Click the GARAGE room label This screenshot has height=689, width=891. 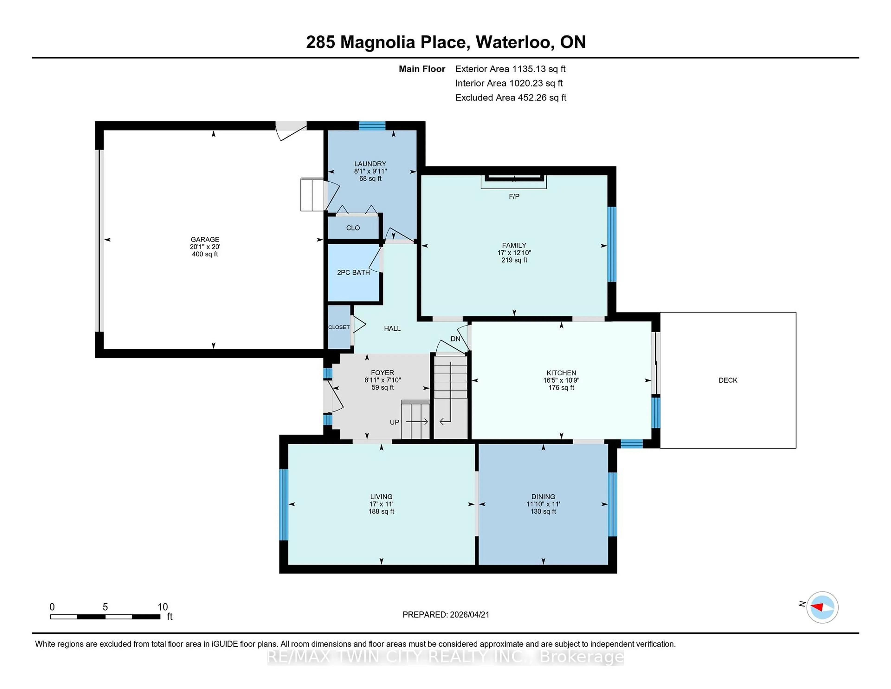[x=205, y=239]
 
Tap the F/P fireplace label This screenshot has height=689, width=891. [x=514, y=196]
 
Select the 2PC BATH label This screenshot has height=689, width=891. [x=353, y=272]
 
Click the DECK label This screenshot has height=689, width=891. [x=728, y=380]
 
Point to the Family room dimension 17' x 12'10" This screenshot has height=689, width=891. [x=514, y=253]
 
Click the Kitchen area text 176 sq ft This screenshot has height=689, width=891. [x=561, y=387]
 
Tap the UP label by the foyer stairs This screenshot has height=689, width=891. [x=394, y=422]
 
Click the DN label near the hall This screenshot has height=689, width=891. [x=455, y=339]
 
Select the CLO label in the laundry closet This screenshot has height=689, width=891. [x=353, y=228]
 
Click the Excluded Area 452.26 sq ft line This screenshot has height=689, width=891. [x=510, y=97]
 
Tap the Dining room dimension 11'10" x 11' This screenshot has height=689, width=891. [x=543, y=504]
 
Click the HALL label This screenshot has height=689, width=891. [x=392, y=328]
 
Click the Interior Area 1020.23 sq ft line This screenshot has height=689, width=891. [x=509, y=83]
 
